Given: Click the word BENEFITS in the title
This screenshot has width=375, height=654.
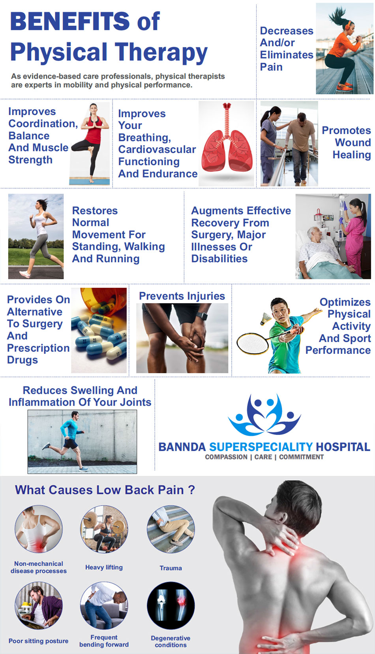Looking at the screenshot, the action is coord(70,21).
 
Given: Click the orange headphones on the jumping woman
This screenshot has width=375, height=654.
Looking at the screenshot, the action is coord(348,25).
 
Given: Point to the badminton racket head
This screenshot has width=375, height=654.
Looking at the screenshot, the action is coord(252,344).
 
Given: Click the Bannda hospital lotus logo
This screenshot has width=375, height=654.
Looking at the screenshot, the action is coord(264,415).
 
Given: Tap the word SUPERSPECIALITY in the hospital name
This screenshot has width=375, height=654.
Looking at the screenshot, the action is coord(261,447).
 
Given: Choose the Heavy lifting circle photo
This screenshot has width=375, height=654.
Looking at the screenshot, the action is coord(104,529).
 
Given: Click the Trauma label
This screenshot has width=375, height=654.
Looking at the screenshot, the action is coord(171,568).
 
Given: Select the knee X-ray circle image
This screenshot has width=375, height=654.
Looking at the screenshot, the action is coord(171,605).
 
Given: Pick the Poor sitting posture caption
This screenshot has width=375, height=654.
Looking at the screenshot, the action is coord(38,641).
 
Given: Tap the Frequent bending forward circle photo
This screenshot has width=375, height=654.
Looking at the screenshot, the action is coord(104,605).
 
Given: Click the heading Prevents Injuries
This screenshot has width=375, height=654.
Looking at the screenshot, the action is coord(182,296).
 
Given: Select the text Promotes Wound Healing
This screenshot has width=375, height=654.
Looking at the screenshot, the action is coord(346,143).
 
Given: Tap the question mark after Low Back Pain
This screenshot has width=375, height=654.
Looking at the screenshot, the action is coord(191,490).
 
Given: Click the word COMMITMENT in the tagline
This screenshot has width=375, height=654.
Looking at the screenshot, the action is coord(301,457).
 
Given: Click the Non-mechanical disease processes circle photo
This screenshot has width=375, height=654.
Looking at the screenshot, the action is coord(39,529).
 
